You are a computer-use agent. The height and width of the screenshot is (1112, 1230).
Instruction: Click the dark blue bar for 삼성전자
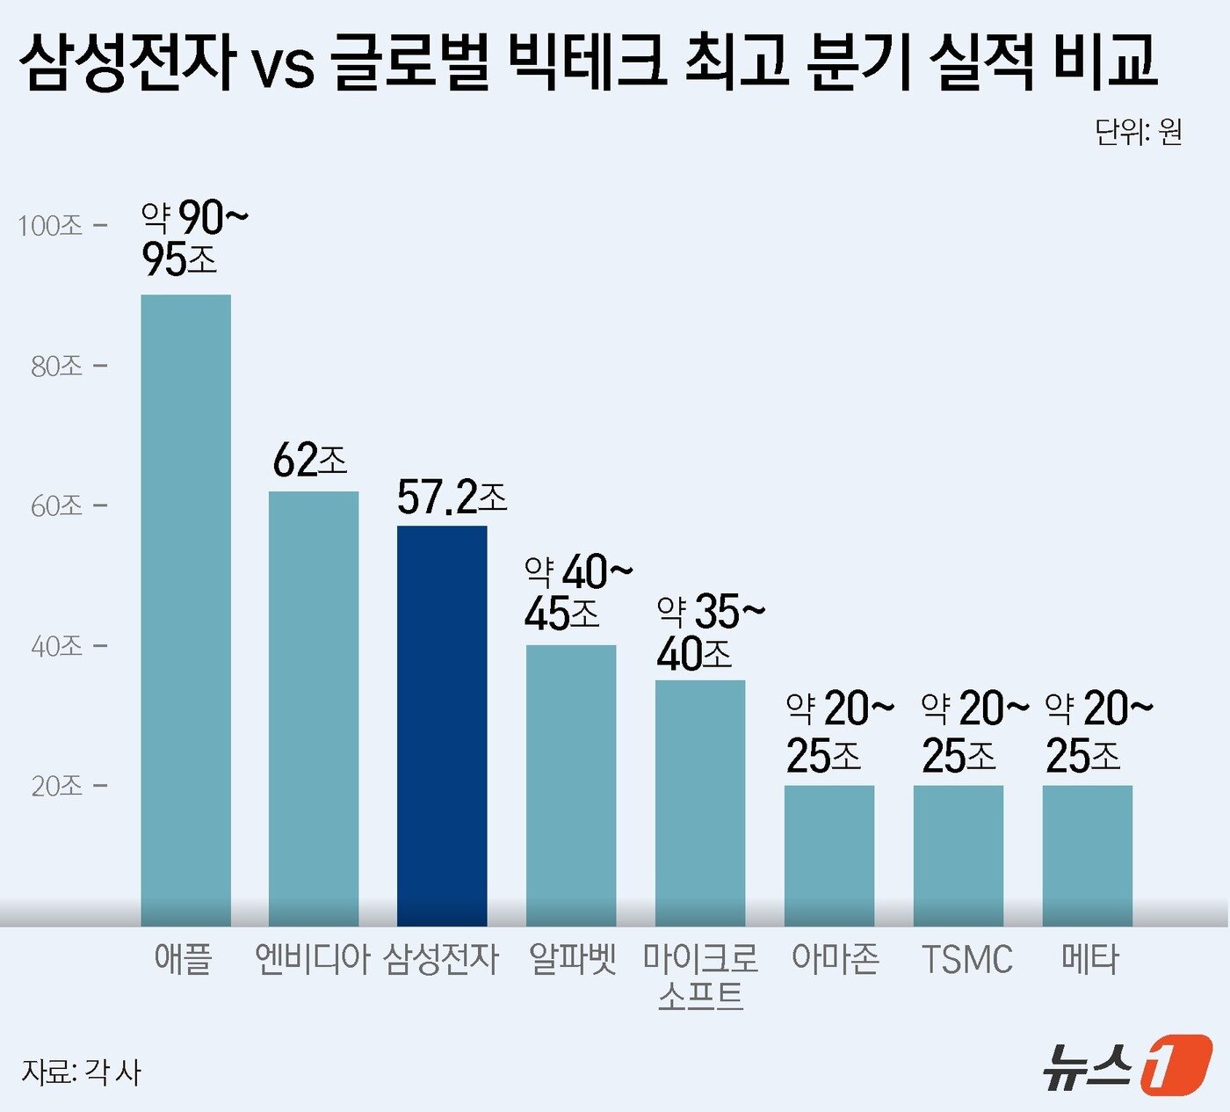(442, 725)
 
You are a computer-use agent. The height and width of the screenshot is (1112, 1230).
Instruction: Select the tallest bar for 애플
(186, 610)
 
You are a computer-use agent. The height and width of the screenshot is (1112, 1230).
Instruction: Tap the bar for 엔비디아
(314, 709)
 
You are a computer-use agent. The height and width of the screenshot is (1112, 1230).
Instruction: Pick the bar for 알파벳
(571, 785)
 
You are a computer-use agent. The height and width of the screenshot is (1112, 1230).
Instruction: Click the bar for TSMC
(959, 855)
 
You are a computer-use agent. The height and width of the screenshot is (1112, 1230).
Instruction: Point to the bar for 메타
(1088, 855)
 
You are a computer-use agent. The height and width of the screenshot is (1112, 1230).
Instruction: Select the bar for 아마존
(829, 855)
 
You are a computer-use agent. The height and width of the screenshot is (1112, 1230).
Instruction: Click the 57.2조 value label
(452, 498)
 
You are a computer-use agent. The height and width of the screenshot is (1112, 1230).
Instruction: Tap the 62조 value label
(309, 460)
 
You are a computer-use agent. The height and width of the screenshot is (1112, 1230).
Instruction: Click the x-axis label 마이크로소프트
(700, 977)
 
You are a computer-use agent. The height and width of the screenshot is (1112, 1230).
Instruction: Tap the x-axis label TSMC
(966, 959)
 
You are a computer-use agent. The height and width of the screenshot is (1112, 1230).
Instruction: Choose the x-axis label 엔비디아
(313, 958)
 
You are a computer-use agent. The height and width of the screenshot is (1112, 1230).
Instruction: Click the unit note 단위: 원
(1138, 132)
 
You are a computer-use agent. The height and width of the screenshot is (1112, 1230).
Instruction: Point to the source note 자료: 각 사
(81, 1072)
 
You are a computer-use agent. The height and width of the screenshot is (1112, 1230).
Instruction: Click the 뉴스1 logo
(1127, 1065)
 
